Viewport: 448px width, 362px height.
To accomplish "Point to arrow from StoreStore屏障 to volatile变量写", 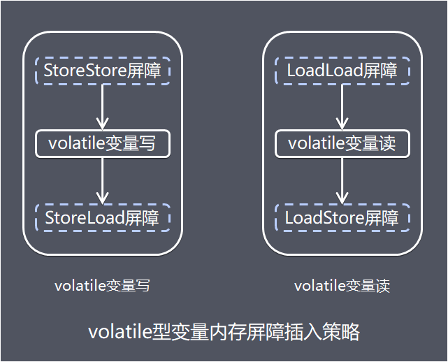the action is pyautogui.click(x=102, y=107).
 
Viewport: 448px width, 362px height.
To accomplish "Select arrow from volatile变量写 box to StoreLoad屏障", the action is pyautogui.click(x=102, y=180).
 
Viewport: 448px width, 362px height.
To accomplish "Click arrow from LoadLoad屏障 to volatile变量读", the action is pyautogui.click(x=342, y=107).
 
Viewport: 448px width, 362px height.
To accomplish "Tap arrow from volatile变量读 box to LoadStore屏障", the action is pyautogui.click(x=342, y=180).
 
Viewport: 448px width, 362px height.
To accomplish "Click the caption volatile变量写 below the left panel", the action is pyautogui.click(x=102, y=285).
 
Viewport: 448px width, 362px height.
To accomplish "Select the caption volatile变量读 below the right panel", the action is pyautogui.click(x=342, y=285).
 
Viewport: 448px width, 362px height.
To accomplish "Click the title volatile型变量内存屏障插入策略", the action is pyautogui.click(x=224, y=332).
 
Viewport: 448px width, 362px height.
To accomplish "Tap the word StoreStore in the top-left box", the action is pyautogui.click(x=85, y=71).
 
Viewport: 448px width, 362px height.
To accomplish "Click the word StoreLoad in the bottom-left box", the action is pyautogui.click(x=85, y=218).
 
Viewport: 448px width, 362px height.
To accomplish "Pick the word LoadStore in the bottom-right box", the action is pyautogui.click(x=325, y=218).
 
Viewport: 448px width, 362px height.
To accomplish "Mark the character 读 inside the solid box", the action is pyautogui.click(x=387, y=143).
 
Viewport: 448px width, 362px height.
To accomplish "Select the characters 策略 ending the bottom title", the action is pyautogui.click(x=342, y=332).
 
